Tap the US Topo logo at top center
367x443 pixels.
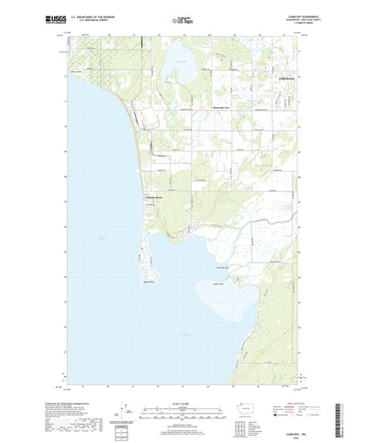coord(183,17)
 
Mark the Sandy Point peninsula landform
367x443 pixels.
coord(147,275)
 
